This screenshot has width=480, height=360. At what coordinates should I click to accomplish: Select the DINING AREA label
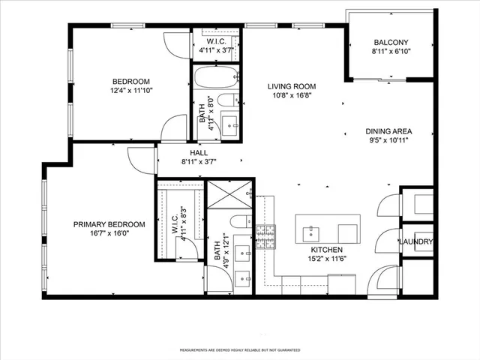click(388, 130)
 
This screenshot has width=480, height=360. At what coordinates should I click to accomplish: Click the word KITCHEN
click(327, 250)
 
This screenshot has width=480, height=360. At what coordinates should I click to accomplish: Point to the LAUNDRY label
click(415, 241)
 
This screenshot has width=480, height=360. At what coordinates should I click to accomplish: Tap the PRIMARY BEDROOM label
click(109, 224)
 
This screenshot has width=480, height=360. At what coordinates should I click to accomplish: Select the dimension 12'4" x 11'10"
click(131, 92)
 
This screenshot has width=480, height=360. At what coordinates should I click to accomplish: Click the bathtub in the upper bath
click(216, 78)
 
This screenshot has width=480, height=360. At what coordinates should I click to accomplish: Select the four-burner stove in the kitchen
click(266, 238)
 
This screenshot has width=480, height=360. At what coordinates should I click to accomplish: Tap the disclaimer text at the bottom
click(240, 350)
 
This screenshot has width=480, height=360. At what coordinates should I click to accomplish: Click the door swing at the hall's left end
click(139, 158)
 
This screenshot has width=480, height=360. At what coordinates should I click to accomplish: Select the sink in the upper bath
click(229, 125)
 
